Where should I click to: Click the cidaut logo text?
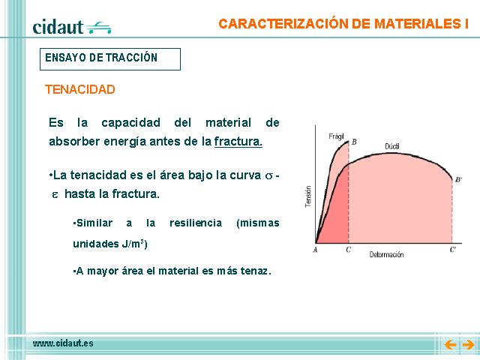[x=58, y=27]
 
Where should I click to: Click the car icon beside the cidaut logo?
[x=98, y=28]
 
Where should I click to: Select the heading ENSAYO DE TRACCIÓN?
[x=101, y=58]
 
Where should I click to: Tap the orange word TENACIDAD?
[x=80, y=89]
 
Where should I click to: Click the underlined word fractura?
[x=238, y=142]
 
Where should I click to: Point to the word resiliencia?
[x=196, y=223]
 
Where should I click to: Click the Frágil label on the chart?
[x=336, y=136]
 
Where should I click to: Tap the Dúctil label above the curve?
[x=392, y=146]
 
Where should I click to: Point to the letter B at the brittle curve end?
[x=354, y=142]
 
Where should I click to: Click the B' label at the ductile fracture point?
[x=458, y=180]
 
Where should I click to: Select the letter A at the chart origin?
[x=315, y=250]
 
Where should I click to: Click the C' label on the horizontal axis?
[x=453, y=250]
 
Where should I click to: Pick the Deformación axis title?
[x=386, y=255]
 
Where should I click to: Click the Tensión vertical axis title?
[x=308, y=196]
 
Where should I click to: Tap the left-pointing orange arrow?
[x=451, y=345]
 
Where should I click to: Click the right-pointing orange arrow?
[x=468, y=345]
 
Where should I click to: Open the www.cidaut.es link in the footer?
[x=63, y=343]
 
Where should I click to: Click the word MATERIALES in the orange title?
[x=415, y=24]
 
